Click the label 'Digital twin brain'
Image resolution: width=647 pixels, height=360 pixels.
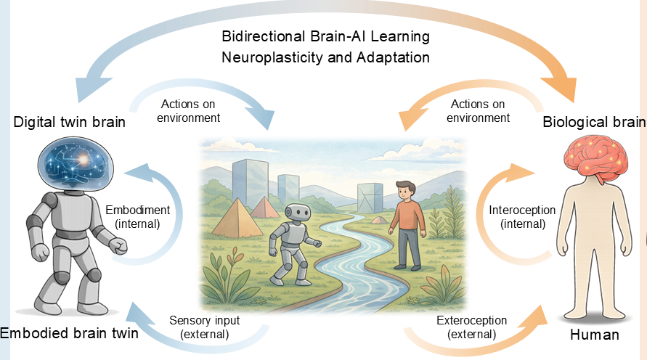69,122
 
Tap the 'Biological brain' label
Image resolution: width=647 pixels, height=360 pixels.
594,122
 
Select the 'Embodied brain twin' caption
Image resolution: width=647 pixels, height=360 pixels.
69,333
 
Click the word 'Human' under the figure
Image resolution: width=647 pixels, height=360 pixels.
595,335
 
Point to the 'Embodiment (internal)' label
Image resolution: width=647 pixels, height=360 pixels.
137,217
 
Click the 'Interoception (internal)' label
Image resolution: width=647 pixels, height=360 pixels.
522,217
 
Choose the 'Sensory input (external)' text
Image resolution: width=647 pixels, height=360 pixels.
204,327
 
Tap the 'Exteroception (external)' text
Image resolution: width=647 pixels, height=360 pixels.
471,327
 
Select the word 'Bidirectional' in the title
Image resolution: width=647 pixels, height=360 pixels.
264,36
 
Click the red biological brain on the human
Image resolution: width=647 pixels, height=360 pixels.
596,160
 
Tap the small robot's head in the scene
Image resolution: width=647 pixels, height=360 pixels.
298,213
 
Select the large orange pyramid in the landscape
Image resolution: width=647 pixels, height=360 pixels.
238,218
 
